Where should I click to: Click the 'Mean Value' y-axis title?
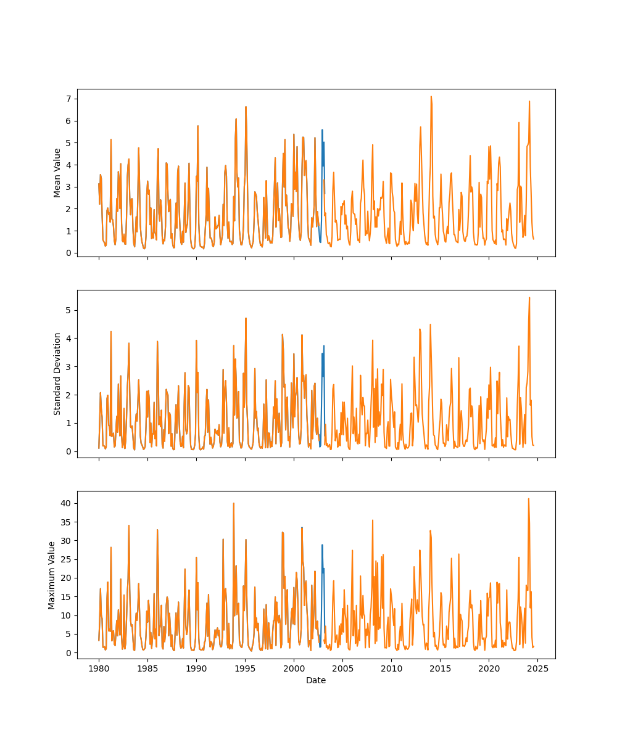(x=57, y=173)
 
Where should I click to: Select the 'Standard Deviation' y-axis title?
(x=57, y=374)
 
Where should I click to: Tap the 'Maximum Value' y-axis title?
(x=52, y=575)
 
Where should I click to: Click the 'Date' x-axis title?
(x=316, y=680)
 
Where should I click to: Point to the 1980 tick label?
(x=99, y=668)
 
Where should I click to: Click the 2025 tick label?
(x=537, y=668)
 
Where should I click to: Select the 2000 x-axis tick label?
(x=294, y=668)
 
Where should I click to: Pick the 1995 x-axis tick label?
(x=245, y=668)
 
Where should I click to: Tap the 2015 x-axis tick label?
(x=440, y=668)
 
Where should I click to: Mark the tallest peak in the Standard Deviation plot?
(x=529, y=298)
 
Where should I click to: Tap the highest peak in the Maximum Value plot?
(x=528, y=499)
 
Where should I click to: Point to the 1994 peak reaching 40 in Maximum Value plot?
(x=234, y=503)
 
